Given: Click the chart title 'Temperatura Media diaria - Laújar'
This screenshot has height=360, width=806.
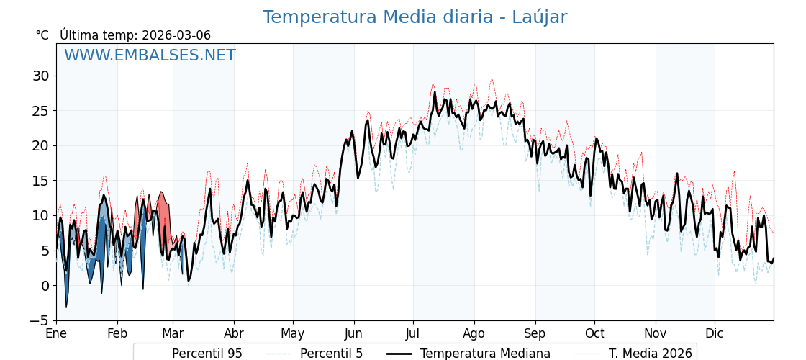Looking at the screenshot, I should coord(415,17).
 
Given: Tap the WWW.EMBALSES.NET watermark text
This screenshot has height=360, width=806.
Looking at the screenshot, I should coord(150,55).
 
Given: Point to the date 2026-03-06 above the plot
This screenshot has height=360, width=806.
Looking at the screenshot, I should coord(176,35).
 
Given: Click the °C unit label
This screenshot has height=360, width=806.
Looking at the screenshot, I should coord(42,35).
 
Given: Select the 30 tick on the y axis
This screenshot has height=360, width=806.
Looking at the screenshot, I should coord(40,76).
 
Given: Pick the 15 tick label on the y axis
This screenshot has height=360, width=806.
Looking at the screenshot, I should coord(40,181).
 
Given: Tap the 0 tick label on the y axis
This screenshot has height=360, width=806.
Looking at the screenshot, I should coord(45,286).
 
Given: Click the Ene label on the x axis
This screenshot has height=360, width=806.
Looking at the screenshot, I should coord(56,334).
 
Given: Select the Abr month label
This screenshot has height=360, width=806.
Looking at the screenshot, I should coord(234,334).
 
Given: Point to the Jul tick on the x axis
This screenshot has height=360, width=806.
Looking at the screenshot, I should coord(413,334).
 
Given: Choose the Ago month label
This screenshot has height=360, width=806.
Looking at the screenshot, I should coord(474,334).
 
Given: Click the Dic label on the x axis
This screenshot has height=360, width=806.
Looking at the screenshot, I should coord(715,334).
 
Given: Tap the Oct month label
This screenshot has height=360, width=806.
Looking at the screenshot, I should coord(594,334).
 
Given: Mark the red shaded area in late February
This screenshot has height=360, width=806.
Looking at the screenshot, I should coord(163,209).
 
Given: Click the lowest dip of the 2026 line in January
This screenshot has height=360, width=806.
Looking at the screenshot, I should coord(66,307).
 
